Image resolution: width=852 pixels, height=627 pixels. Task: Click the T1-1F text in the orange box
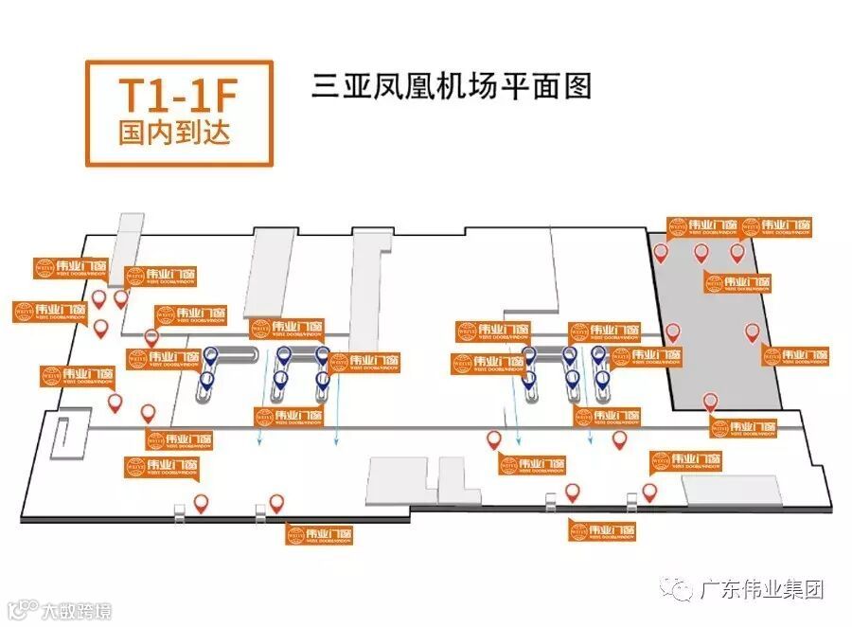point(178,98)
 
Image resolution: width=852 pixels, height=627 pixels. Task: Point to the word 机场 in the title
point(464,86)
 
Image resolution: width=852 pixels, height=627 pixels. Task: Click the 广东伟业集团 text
point(761,589)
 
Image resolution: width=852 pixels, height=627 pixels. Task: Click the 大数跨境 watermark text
point(76,611)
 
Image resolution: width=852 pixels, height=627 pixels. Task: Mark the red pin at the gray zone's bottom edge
point(711,402)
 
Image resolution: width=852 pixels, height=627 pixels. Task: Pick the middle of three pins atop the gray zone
point(701,253)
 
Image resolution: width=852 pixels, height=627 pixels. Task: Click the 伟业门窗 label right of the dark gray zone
point(797,356)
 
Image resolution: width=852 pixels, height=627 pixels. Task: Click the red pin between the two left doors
point(201,503)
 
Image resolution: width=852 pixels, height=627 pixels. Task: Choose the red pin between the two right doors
point(572,492)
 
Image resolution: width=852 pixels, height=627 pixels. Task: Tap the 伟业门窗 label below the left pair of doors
point(321,533)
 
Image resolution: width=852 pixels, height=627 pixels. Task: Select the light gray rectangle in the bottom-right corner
point(732,489)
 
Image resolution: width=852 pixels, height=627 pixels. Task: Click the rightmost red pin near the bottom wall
point(649,492)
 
